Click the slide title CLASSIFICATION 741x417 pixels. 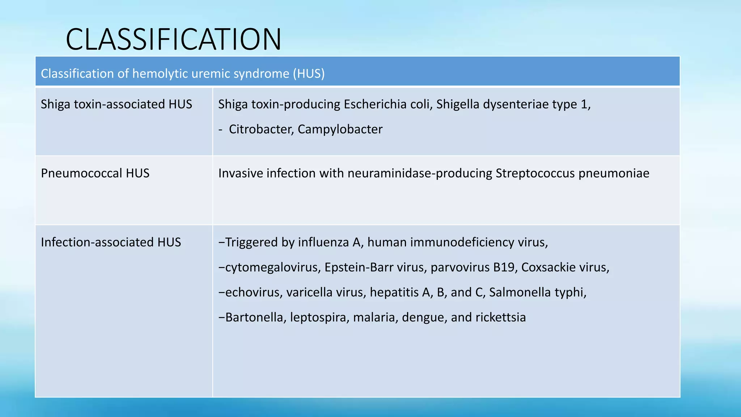(x=173, y=39)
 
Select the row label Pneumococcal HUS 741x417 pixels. (x=95, y=173)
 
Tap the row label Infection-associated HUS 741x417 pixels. (x=111, y=242)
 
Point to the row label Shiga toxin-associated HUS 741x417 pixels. (x=116, y=104)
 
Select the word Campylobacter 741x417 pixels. (x=340, y=129)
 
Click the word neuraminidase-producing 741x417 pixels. (x=420, y=173)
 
